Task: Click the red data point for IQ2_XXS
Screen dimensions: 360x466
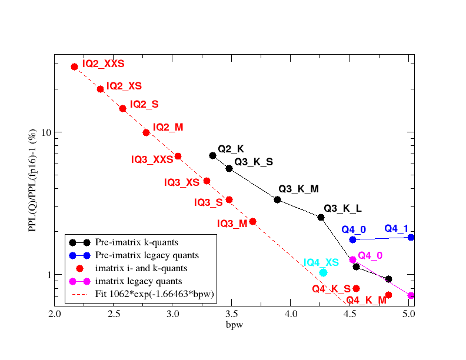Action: click(x=75, y=66)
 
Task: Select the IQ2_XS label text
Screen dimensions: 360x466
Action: click(x=124, y=86)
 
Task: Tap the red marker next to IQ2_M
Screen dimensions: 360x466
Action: click(x=146, y=132)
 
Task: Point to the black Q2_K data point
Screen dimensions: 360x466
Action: click(x=213, y=155)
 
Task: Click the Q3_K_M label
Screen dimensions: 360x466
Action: click(x=298, y=189)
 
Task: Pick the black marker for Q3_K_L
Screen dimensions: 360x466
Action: click(x=321, y=217)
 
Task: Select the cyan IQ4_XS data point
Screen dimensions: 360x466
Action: click(x=323, y=272)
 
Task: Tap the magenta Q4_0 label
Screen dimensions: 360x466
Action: click(x=370, y=255)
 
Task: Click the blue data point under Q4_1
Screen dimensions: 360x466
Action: click(x=411, y=237)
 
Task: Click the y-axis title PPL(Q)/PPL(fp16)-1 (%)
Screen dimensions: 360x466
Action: click(x=34, y=182)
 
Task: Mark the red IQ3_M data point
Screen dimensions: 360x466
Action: click(x=252, y=221)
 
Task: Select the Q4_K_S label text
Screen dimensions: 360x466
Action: click(x=331, y=289)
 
